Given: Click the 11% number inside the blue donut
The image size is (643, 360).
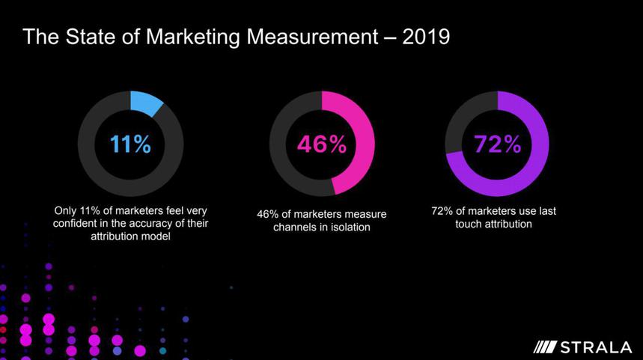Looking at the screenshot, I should [x=130, y=144].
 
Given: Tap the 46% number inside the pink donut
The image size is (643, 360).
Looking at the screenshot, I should [x=321, y=144].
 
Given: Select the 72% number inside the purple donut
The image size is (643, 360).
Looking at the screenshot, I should [x=497, y=144].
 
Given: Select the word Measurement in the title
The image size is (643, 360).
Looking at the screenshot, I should [x=317, y=37].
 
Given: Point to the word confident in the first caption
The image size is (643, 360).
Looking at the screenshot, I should [x=79, y=224].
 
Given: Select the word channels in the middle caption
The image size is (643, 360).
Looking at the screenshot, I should [x=295, y=227].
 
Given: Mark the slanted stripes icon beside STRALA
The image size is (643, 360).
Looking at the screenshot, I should [x=546, y=347].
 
